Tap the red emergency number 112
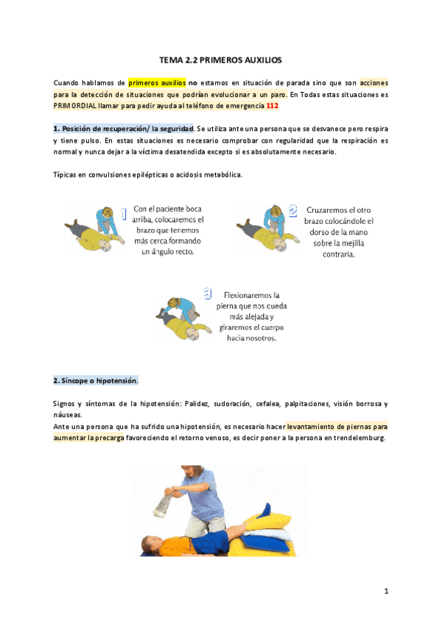point(272,104)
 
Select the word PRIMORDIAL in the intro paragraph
point(75,104)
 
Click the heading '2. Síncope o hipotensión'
point(96,381)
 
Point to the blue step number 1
point(124,214)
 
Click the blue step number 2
point(293,212)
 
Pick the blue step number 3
point(207,294)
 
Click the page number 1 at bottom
point(385,591)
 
